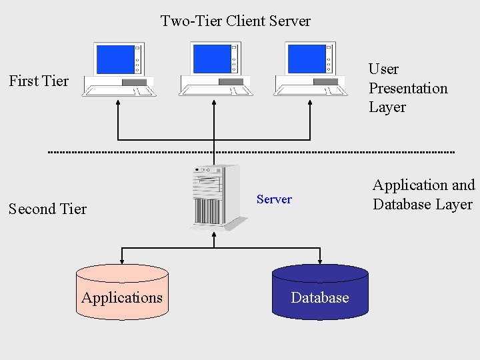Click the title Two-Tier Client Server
(x=235, y=21)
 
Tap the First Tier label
(x=39, y=81)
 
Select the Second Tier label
(x=47, y=209)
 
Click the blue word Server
(x=274, y=199)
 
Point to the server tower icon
(x=214, y=197)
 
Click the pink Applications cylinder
(x=122, y=293)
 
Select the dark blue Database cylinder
(x=320, y=293)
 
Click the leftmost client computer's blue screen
(x=115, y=59)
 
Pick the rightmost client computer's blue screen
(x=306, y=59)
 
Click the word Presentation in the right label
(x=408, y=88)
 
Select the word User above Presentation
(x=384, y=69)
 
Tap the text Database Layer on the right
(x=423, y=205)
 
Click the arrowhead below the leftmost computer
(x=118, y=103)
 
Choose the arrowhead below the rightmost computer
(x=310, y=103)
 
